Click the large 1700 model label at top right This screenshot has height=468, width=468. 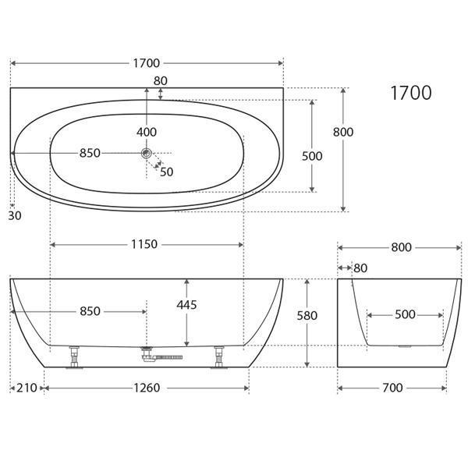[x=410, y=93]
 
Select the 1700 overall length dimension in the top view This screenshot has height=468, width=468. [x=146, y=63]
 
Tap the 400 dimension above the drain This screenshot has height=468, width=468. [x=146, y=131]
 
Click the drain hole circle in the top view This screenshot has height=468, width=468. [x=146, y=154]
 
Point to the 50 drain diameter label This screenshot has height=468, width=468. [x=166, y=172]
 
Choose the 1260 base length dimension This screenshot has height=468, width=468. [x=146, y=388]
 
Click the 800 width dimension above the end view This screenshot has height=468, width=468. [x=400, y=247]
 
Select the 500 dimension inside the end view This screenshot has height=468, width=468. [x=405, y=315]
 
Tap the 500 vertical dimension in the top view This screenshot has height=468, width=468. [x=312, y=156]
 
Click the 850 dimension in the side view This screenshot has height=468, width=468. [x=90, y=311]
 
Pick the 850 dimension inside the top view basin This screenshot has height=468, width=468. [x=90, y=153]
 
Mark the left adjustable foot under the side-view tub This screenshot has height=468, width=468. [x=75, y=357]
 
